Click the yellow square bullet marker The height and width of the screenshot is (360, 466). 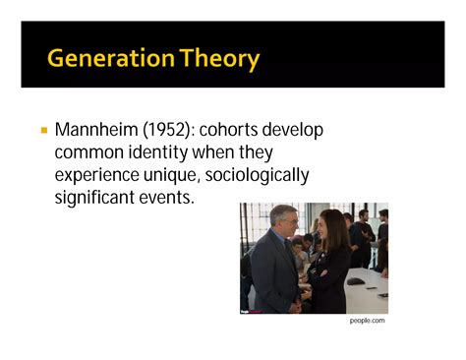(43, 130)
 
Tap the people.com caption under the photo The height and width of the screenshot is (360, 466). (368, 321)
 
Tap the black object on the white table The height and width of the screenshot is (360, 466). (356, 281)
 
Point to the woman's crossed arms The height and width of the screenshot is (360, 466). (320, 270)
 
